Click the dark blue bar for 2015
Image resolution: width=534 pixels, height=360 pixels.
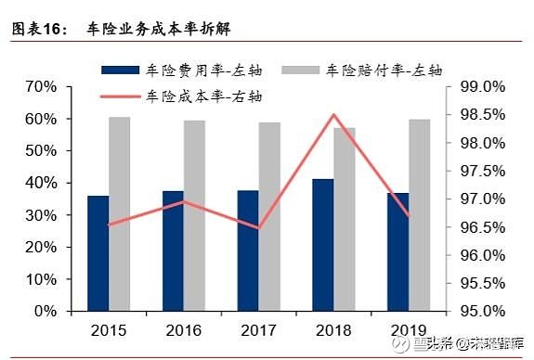(x=98, y=253)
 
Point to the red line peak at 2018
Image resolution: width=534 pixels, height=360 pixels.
(x=333, y=115)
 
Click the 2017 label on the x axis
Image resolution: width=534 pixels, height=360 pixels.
(x=258, y=329)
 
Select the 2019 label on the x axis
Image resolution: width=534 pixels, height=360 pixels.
(x=408, y=329)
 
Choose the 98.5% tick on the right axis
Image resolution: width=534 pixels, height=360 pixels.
(x=481, y=115)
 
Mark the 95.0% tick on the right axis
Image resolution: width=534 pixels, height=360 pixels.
(x=481, y=311)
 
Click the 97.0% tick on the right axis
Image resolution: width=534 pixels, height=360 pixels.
(x=481, y=199)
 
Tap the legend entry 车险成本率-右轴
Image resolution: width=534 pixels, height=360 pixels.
(x=205, y=95)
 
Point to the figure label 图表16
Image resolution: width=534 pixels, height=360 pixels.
(x=38, y=29)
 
